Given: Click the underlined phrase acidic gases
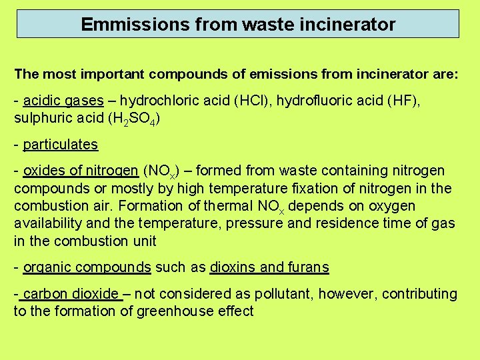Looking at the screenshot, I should [63, 101].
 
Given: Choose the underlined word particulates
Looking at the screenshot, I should [60, 144].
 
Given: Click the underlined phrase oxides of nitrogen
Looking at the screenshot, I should [81, 171].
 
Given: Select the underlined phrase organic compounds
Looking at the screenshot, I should [87, 267].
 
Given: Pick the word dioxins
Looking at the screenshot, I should [233, 267].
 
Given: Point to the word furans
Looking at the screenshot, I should [307, 267].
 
